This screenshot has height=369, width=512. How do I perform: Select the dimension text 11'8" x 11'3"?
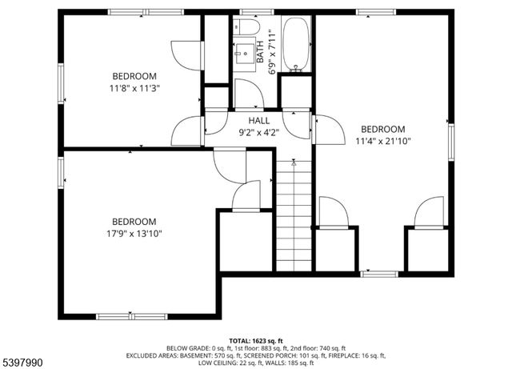pos(135,88)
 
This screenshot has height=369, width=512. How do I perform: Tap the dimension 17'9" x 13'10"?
pos(134,234)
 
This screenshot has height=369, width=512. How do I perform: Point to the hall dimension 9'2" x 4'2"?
pos(257,133)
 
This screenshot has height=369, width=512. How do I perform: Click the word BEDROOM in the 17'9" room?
pos(134,222)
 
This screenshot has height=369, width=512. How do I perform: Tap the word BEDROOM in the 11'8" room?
pos(135,76)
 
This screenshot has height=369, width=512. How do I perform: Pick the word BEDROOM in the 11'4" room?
pos(383,129)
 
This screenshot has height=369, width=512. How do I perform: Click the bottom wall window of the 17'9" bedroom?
pos(131,316)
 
